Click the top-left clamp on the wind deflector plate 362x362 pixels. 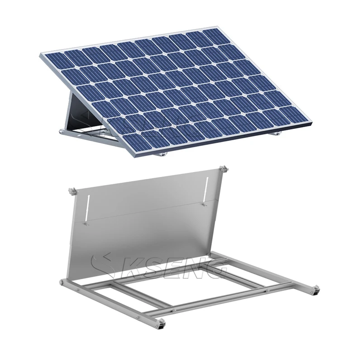coord(71,192)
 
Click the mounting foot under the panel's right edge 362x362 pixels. coord(277,133)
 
